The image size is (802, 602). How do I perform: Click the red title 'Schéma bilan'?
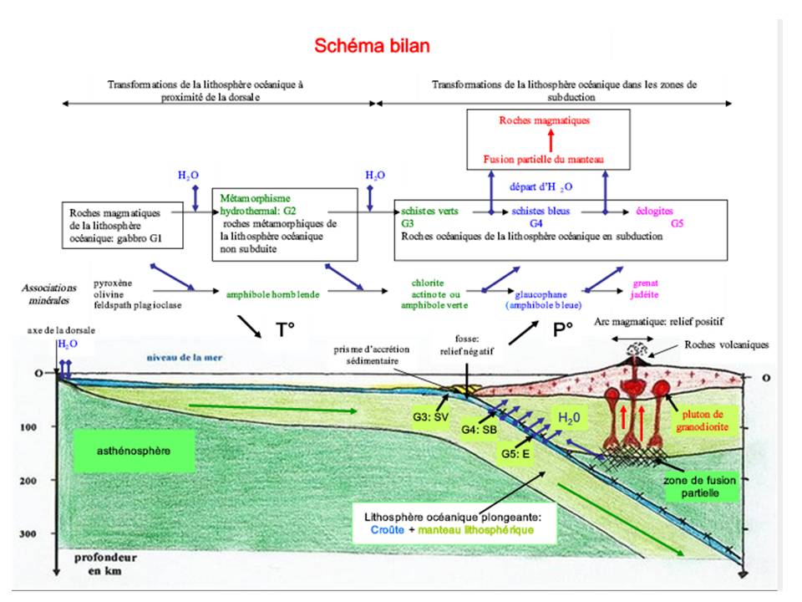click(372, 45)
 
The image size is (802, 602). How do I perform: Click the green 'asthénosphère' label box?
click(121, 451)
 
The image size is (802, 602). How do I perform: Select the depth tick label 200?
click(29, 481)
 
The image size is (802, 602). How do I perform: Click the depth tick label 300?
click(29, 533)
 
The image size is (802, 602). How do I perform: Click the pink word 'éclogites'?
click(653, 212)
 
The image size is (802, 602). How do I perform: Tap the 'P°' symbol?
click(562, 330)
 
